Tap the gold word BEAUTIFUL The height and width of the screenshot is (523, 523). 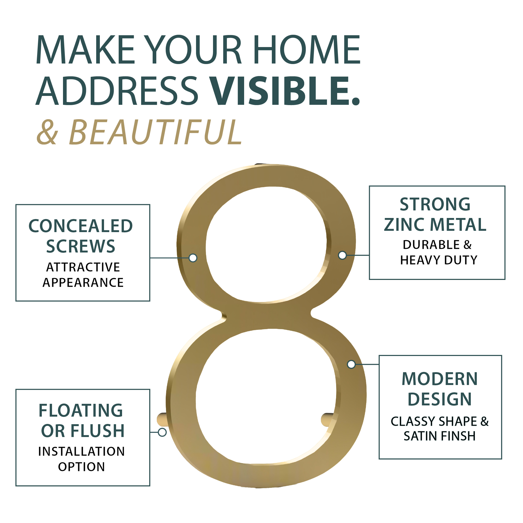(x=156, y=132)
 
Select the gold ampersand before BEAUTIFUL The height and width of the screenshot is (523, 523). (x=47, y=132)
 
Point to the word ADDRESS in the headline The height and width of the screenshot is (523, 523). (x=117, y=91)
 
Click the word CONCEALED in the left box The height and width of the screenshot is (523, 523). (x=81, y=226)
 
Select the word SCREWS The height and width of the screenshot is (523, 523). (x=81, y=246)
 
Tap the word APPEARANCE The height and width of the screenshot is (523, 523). (x=83, y=283)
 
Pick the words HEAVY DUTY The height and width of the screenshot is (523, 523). (x=439, y=260)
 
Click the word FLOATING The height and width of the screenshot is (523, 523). (x=81, y=411)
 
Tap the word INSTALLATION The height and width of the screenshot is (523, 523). (x=82, y=452)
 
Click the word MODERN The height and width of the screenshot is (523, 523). (x=440, y=379)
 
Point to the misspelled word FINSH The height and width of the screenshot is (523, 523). (x=457, y=436)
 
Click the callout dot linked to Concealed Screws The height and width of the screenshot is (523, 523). (x=193, y=258)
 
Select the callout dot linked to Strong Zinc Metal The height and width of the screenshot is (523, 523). (x=342, y=255)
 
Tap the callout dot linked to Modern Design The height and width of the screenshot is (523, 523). (x=351, y=364)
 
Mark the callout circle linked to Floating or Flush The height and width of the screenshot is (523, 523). (x=162, y=432)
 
